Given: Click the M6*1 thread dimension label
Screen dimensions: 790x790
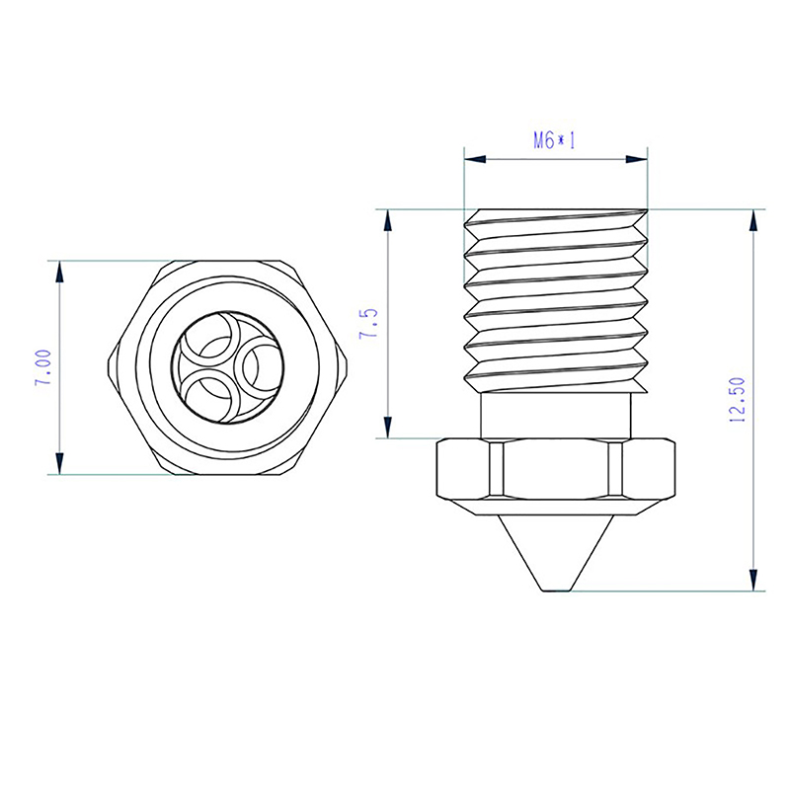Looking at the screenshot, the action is [554, 141].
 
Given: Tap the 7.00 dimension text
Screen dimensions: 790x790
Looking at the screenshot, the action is [43, 367].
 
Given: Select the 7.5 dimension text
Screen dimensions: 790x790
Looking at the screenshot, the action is [368, 323].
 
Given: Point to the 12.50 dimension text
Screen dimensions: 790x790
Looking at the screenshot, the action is [738, 400].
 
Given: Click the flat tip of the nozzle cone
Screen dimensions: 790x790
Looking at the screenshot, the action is [556, 590].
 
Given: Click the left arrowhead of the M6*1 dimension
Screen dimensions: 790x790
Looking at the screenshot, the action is [475, 159].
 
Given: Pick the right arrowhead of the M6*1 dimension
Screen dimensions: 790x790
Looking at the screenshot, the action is [636, 159].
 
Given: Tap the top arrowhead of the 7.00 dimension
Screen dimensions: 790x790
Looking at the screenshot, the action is [60, 273].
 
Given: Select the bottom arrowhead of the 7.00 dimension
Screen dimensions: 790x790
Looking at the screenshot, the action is [60, 463].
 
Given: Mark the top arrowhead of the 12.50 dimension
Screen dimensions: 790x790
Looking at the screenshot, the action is [753, 220].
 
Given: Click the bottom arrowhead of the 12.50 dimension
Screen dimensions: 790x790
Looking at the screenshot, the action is [753, 580].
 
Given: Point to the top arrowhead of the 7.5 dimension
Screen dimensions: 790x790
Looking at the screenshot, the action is [387, 220].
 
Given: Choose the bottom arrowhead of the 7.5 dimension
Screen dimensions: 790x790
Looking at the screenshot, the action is [387, 427].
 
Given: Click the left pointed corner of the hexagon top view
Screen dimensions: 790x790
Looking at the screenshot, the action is [109, 367].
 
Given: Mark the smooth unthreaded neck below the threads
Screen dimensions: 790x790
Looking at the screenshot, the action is [556, 416].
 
